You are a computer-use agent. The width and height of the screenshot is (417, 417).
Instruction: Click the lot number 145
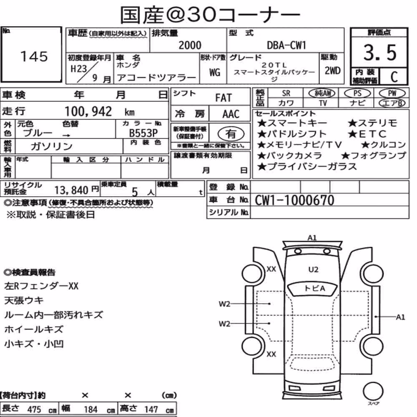pyautogui.click(x=34, y=56)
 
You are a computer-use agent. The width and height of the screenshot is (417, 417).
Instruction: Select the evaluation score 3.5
pyautogui.click(x=380, y=53)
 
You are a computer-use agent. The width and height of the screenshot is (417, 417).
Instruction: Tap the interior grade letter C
pyautogui.click(x=394, y=77)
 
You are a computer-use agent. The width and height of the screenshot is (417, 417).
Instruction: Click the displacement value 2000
pyautogui.click(x=190, y=45)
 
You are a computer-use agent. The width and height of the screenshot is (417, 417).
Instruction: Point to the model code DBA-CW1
pyautogui.click(x=286, y=45)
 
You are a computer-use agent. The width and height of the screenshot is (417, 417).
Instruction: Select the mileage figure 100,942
pyautogui.click(x=88, y=111)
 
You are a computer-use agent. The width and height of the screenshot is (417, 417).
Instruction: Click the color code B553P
pyautogui.click(x=143, y=133)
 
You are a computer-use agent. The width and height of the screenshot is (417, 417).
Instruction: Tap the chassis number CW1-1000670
pyautogui.click(x=294, y=200)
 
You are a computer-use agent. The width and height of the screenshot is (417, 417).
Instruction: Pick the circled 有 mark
pyautogui.click(x=231, y=133)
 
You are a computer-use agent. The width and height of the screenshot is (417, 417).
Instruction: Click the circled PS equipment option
pyautogui.click(x=357, y=93)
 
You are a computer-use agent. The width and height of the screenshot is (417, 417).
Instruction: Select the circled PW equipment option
pyautogui.click(x=392, y=93)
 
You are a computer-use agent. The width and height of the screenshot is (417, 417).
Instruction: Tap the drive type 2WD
pyautogui.click(x=332, y=71)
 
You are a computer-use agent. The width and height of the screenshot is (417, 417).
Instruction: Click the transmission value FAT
pyautogui.click(x=224, y=98)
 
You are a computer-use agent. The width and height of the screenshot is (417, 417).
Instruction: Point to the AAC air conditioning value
pyautogui.click(x=231, y=114)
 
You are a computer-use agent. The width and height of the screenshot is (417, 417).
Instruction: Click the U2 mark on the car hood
pyautogui.click(x=313, y=270)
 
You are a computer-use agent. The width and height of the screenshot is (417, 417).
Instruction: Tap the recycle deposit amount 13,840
pyautogui.click(x=71, y=190)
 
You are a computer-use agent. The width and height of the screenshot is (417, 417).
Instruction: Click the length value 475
pyautogui.click(x=34, y=409)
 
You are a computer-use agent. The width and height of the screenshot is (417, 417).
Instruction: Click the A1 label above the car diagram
pyautogui.click(x=312, y=238)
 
